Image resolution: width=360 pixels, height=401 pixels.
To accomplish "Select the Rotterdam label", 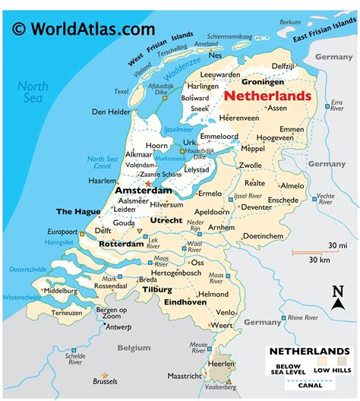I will pyautogui.click(x=122, y=244).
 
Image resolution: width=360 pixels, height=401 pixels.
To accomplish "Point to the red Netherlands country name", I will pyautogui.click(x=267, y=96).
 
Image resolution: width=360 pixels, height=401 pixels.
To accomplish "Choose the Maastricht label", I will pyautogui.click(x=185, y=375).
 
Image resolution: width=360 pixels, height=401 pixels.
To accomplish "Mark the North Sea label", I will pyautogui.click(x=33, y=92).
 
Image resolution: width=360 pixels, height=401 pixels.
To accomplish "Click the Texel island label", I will pyautogui.click(x=122, y=92).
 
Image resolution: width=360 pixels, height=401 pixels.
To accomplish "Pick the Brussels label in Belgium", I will pyautogui.click(x=105, y=381).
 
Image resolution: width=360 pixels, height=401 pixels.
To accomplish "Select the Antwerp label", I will pyautogui.click(x=118, y=327).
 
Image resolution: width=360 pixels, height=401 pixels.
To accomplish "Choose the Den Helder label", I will pyautogui.click(x=109, y=112).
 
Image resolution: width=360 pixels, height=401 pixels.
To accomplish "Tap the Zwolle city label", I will pyautogui.click(x=250, y=164).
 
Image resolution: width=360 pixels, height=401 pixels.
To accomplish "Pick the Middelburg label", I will pyautogui.click(x=61, y=290).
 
